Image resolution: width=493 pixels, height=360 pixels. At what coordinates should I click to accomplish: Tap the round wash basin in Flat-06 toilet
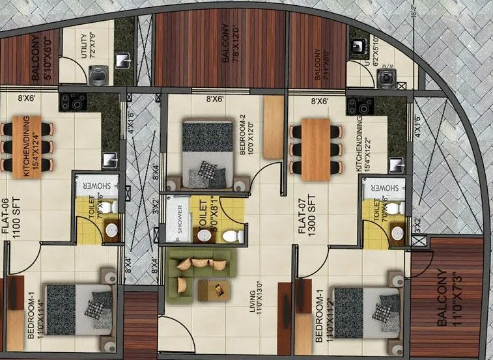click(x=111, y=230)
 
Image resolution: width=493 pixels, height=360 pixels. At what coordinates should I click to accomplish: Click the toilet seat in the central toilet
click(x=232, y=234)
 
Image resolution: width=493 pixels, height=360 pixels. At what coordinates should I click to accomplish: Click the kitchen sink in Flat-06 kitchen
click(x=109, y=159)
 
